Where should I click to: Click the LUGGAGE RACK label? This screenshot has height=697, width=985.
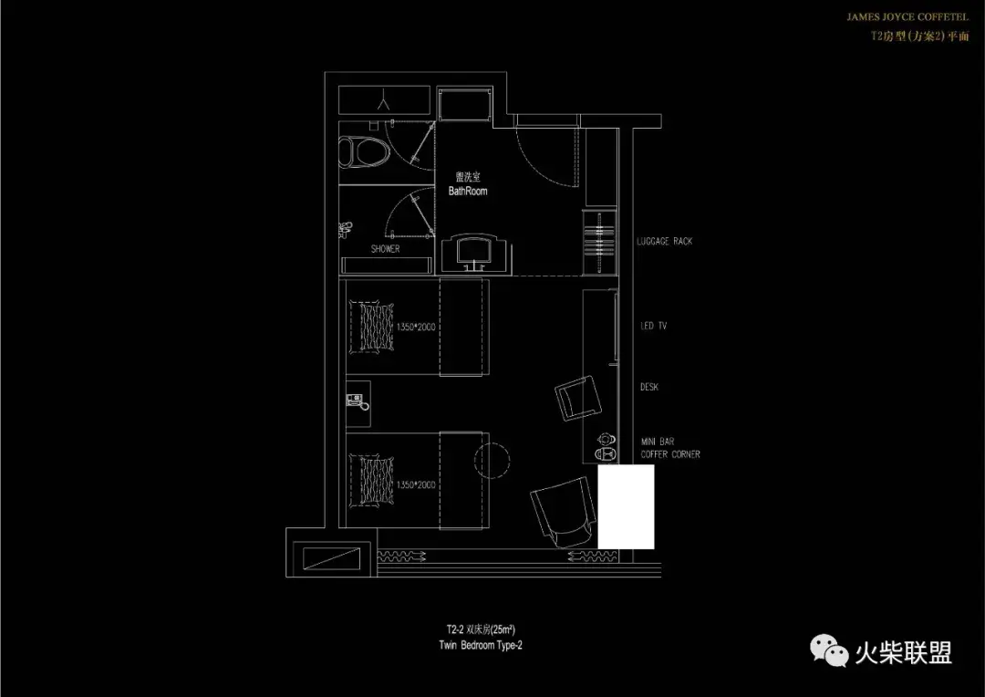click(x=664, y=242)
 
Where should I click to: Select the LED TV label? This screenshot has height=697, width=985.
click(x=653, y=326)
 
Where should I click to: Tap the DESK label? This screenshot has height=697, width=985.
click(x=649, y=388)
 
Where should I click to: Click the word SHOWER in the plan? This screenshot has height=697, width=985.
click(x=385, y=249)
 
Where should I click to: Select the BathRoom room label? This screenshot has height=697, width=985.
click(x=468, y=192)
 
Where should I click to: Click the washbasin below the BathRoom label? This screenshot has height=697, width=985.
click(x=472, y=250)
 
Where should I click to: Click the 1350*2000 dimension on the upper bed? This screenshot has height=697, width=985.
click(x=416, y=327)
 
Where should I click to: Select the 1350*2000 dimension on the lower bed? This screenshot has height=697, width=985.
click(x=416, y=485)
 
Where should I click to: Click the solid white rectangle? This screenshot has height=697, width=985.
click(x=626, y=507)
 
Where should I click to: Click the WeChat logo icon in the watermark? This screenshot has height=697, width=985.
click(x=831, y=651)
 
